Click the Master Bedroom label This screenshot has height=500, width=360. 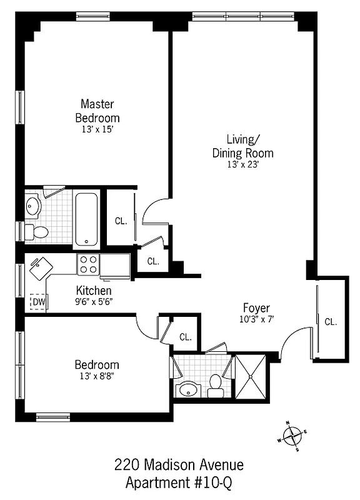coord(97,111)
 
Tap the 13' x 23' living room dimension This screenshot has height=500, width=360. coord(242,165)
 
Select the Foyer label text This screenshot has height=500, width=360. coord(256,307)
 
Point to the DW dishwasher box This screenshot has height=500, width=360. coord(39,302)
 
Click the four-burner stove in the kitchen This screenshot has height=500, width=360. coord(88,265)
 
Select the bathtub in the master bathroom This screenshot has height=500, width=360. coord(86,219)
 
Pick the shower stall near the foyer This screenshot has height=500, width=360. coord(251,376)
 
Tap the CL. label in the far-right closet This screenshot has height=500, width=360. coord(331,322)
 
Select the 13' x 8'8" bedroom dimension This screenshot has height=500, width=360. coord(97,376)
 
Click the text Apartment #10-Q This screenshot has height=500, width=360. coord(179,483)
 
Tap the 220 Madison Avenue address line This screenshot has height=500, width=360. coord(179,465)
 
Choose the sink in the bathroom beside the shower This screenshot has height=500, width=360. coord(186,390)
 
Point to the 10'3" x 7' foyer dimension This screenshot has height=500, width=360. coord(256,319)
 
